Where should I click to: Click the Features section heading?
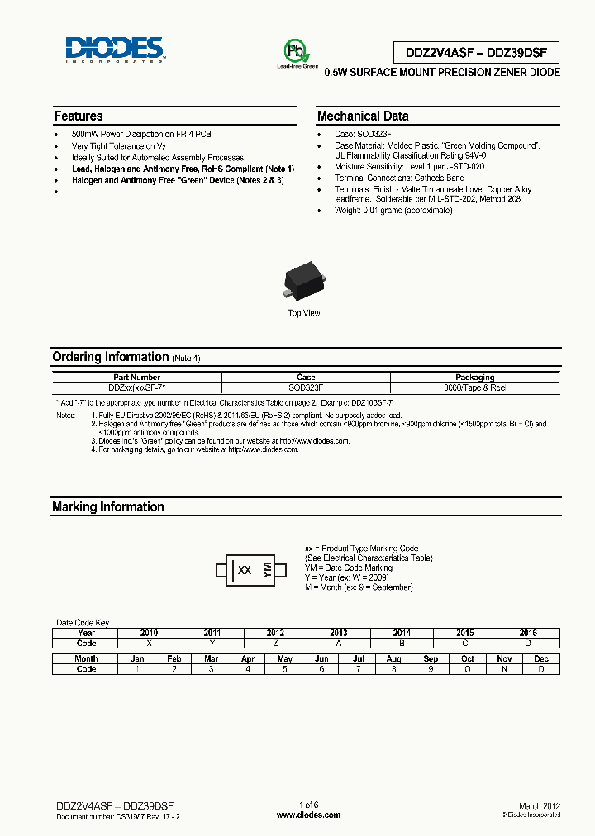coord(79,116)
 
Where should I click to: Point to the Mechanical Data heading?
coord(363,116)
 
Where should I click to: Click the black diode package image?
coord(303,282)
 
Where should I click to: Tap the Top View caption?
coord(303,313)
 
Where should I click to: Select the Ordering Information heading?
coord(110,357)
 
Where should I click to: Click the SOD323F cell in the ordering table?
coord(305,387)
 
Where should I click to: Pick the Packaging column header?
coord(474,377)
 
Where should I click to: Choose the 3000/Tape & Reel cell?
coord(474,387)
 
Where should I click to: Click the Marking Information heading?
coord(107,507)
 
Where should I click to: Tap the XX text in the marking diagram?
coord(245,570)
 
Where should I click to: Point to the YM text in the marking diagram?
coord(268,570)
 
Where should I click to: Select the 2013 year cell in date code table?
coord(338,633)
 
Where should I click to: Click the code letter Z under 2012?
coord(275,643)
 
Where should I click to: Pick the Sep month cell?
coord(430,659)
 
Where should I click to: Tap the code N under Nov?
coord(504,669)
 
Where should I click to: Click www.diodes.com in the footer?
coord(308,815)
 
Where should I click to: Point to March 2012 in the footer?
coord(540,805)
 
